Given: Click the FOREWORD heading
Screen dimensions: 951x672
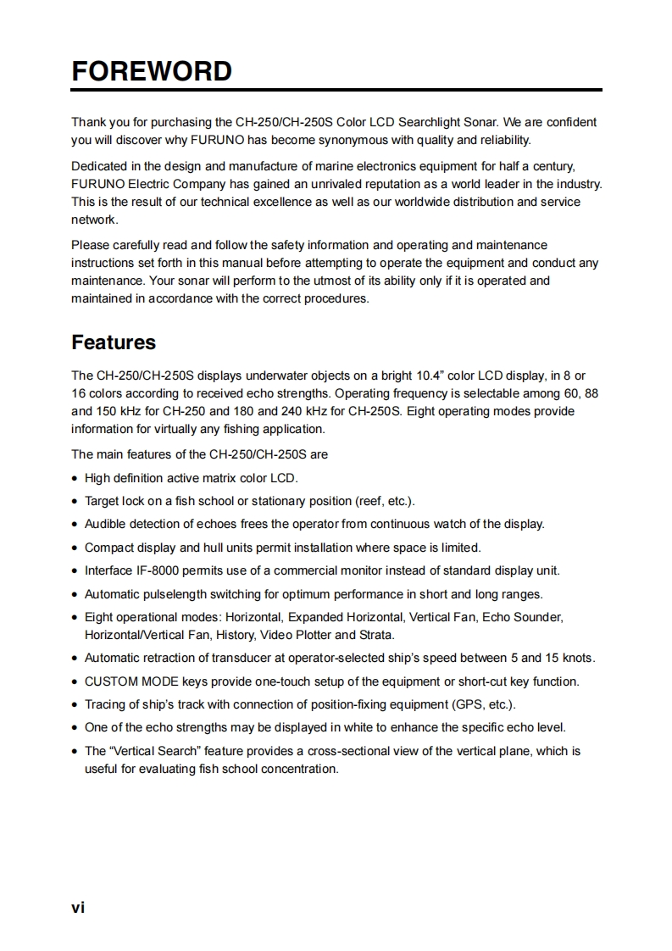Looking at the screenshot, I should (x=151, y=70).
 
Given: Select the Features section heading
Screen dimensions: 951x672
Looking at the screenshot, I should (x=114, y=342).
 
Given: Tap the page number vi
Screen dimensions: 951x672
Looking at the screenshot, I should (x=78, y=907).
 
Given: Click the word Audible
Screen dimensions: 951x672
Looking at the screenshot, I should (x=105, y=524).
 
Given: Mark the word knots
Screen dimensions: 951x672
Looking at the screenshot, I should (x=575, y=658).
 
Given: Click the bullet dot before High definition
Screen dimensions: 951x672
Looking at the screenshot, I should (x=76, y=478).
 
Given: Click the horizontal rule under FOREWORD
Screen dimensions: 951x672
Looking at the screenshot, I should (x=336, y=89).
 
